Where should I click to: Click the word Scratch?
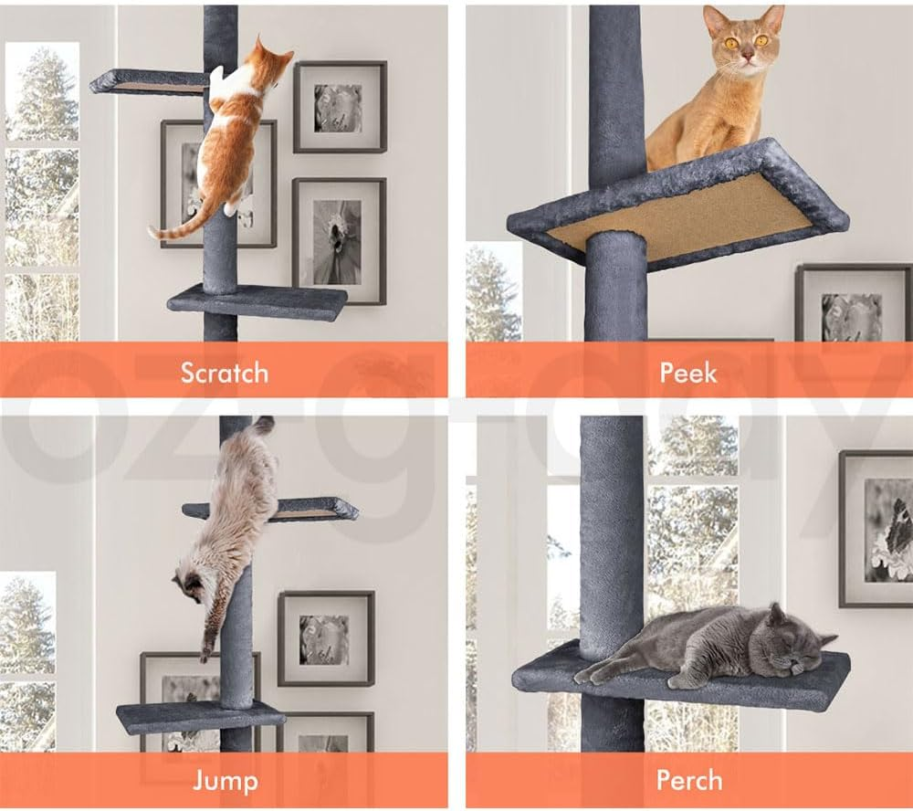click(x=224, y=373)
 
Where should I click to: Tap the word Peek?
click(x=688, y=373)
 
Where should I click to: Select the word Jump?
click(x=225, y=781)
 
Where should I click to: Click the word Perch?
click(x=688, y=781)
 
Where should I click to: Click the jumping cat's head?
click(x=190, y=585)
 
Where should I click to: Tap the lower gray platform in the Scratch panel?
click(x=257, y=301)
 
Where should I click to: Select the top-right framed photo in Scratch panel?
click(x=340, y=107)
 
